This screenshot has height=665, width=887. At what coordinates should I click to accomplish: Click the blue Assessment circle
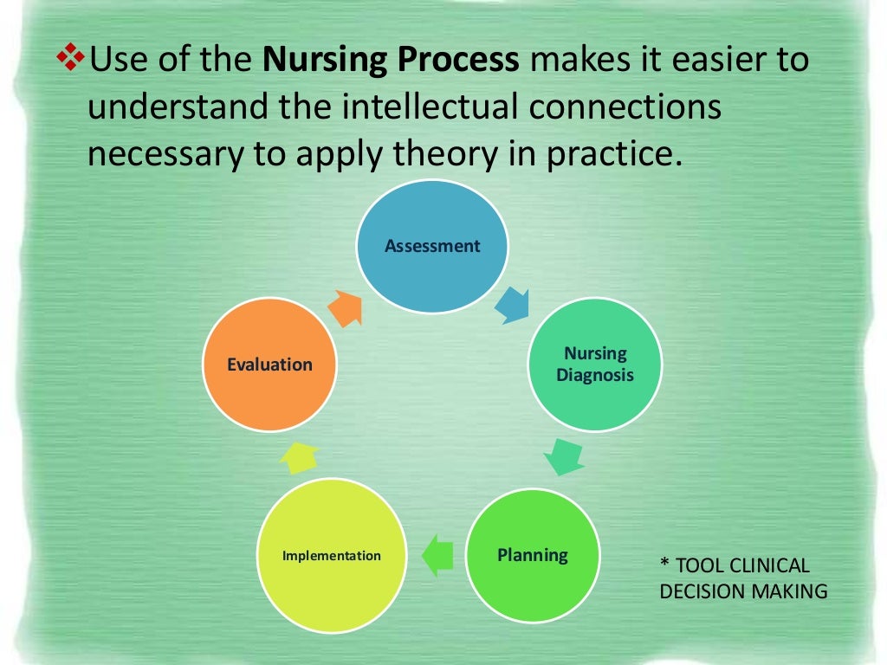(x=432, y=246)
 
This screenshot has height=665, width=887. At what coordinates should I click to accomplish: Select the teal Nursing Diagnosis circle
(x=595, y=365)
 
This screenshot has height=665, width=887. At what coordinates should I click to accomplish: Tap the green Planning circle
(x=533, y=555)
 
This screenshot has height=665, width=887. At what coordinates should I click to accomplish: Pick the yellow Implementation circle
(x=332, y=555)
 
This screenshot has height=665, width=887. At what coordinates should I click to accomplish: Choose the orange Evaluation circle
(x=269, y=365)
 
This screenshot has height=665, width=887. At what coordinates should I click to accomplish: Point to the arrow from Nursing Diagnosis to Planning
(x=564, y=456)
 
